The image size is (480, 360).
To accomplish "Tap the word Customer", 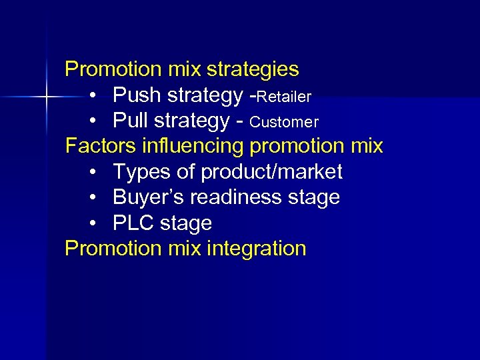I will [284, 123].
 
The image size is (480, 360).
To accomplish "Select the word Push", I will [137, 96].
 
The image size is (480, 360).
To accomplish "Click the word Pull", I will [133, 121].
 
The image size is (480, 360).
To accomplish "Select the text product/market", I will [272, 172].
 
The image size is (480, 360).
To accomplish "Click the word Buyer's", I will [147, 197].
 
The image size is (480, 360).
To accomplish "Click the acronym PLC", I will [134, 223].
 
